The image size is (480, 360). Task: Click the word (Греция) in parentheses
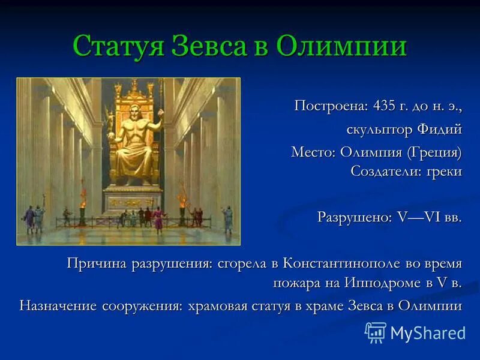[435, 152]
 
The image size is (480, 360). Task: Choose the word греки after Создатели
[444, 172]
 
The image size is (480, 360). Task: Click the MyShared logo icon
[376, 332]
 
